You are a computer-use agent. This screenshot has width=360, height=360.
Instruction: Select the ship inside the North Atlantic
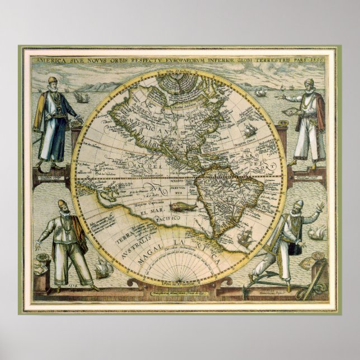[x=249, y=131]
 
